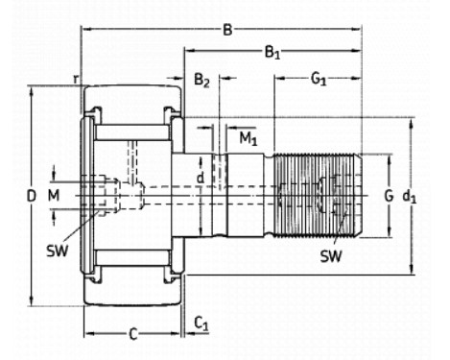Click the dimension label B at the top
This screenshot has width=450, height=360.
point(227,30)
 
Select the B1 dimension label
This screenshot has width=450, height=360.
point(272,52)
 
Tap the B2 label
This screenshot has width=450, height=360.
point(201,80)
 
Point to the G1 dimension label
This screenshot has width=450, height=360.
point(319,79)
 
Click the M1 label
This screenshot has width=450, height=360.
point(249,138)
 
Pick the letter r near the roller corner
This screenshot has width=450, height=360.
point(76,79)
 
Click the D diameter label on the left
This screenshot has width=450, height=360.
point(31,196)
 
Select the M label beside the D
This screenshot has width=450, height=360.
point(54,195)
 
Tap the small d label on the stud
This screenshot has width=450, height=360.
point(201,178)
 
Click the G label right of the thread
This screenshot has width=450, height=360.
point(389,196)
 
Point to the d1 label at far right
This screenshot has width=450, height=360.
point(409,197)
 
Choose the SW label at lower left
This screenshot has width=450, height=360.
point(58,251)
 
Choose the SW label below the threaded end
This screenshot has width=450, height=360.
point(331,256)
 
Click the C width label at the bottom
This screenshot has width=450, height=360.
point(133,334)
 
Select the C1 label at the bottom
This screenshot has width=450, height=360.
point(201,324)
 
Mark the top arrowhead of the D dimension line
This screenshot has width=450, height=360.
point(32,90)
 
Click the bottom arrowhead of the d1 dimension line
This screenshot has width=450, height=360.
point(412,270)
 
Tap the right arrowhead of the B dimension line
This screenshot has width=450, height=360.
point(356,29)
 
